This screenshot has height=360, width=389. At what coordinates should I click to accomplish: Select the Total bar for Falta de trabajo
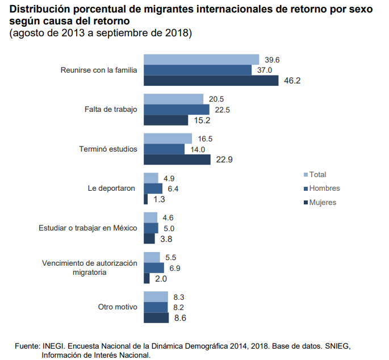(x=173, y=99)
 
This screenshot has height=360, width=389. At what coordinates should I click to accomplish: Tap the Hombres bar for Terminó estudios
(x=164, y=149)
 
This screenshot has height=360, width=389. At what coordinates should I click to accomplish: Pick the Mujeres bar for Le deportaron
(x=146, y=199)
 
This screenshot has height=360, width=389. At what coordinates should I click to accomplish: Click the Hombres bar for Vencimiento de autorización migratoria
(x=154, y=267)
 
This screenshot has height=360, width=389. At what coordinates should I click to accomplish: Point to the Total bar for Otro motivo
(x=156, y=296)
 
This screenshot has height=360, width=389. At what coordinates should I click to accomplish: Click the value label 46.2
(x=292, y=81)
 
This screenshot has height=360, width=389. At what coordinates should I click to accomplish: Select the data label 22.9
(x=225, y=160)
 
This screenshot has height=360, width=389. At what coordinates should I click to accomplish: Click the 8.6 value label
(x=180, y=318)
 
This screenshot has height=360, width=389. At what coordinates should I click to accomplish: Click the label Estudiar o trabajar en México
(x=88, y=228)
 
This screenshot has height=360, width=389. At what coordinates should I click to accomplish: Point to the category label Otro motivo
(x=118, y=307)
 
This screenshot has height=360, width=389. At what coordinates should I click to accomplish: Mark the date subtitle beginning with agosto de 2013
(x=101, y=33)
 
